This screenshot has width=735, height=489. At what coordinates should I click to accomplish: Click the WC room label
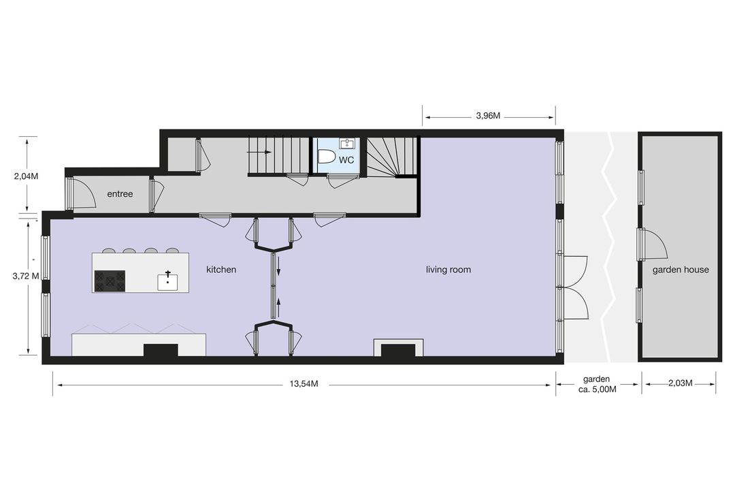[x=346, y=160]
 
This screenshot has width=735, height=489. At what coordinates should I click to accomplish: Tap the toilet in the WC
[x=326, y=156]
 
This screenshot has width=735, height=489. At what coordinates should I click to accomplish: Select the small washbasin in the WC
[x=347, y=142]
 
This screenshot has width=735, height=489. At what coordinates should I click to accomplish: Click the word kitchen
[x=221, y=270]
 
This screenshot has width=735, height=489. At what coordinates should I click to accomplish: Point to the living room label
[x=448, y=270]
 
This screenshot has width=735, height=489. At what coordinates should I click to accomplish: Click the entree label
[x=120, y=194]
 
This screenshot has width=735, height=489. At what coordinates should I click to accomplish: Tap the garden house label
[x=681, y=270]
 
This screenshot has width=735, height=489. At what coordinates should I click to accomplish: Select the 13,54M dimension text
[x=304, y=384]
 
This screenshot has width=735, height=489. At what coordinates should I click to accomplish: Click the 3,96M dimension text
[x=489, y=116]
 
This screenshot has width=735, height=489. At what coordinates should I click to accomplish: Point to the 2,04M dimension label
[x=26, y=176]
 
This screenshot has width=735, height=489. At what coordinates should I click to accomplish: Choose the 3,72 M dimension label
[x=26, y=276]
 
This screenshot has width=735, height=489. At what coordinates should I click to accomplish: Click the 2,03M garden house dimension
[x=681, y=383]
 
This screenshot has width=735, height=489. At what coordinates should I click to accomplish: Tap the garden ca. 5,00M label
[x=598, y=384]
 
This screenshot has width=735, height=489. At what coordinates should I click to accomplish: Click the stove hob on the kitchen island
[x=110, y=281]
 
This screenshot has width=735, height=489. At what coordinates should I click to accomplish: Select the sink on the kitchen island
[x=167, y=281]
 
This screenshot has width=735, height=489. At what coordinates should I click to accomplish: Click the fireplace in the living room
[x=398, y=348]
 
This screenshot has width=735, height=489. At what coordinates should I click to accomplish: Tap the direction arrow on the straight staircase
[x=259, y=152]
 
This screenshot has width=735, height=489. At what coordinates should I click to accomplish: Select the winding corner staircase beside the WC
[x=391, y=157]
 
